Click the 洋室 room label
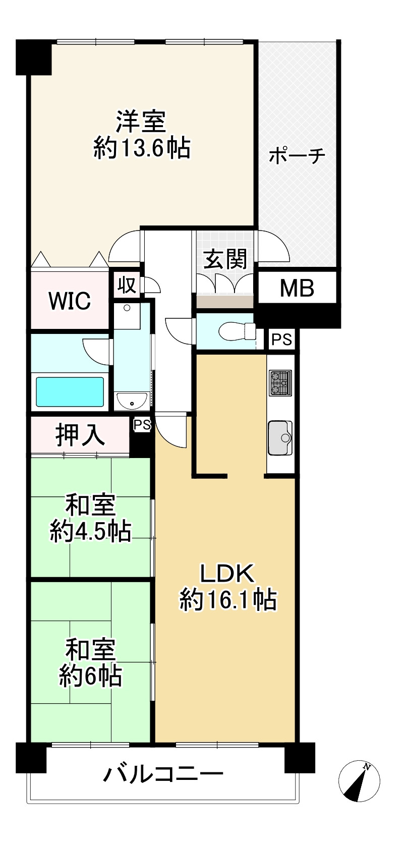(x=141, y=123)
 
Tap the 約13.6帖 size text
(x=141, y=149)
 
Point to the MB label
(x=297, y=288)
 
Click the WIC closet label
(x=70, y=301)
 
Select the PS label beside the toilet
(x=282, y=340)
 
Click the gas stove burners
(x=280, y=382)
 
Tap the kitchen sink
(x=280, y=437)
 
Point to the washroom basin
(x=132, y=401)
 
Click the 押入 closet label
(x=80, y=435)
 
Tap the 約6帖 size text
(x=90, y=676)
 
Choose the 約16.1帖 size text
(x=228, y=600)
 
